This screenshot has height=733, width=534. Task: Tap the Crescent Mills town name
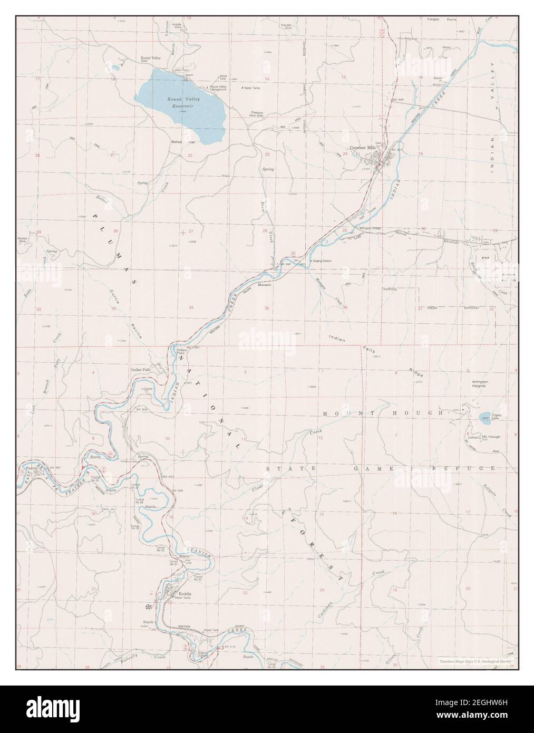pos(363,148)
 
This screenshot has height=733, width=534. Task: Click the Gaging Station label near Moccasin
pos(321,261)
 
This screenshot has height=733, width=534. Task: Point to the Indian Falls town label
pos(141,370)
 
